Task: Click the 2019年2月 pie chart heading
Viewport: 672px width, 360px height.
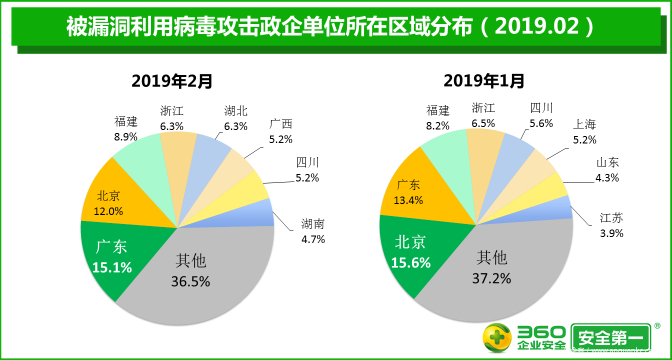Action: point(172,80)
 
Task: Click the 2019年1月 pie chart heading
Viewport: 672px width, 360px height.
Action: point(484,80)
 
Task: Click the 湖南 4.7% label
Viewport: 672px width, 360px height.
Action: point(313,231)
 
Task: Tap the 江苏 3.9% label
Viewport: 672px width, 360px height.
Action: point(611,225)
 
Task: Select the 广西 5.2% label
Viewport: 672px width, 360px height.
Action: point(280,131)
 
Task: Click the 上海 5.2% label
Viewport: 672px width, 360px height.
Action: point(584,132)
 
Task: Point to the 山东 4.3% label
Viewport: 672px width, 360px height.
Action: point(607,170)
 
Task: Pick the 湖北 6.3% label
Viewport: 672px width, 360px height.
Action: point(235,118)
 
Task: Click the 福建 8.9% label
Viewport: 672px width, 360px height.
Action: point(125,128)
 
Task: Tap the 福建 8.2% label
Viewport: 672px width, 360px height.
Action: point(438,118)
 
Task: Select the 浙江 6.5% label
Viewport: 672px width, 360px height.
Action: point(483,115)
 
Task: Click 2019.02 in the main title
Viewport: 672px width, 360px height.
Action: point(537,27)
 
